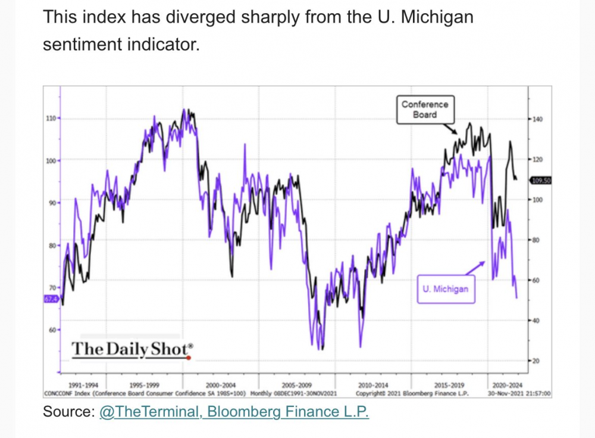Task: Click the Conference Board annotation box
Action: (424, 110)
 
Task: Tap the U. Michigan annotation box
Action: (446, 290)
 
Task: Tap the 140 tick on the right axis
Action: (537, 119)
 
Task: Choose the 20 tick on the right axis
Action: (536, 361)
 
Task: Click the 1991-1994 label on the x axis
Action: (84, 385)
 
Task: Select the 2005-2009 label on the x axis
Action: (296, 385)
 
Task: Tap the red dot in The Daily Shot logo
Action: (188, 358)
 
